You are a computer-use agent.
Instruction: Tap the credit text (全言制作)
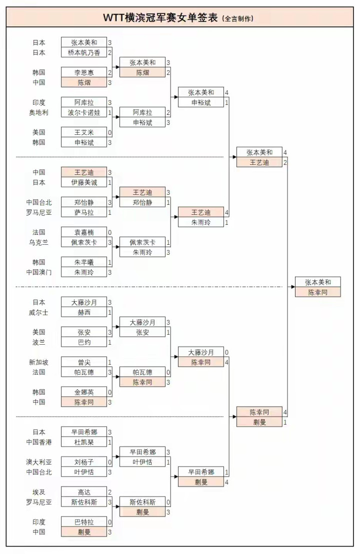tap(237, 18)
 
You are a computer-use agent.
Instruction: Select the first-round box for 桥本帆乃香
tap(84, 52)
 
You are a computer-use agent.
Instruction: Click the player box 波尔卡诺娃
tap(84, 112)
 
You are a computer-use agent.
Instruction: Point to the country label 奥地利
tap(38, 112)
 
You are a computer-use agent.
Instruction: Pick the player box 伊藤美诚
tap(84, 182)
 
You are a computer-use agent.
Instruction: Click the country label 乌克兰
tap(38, 242)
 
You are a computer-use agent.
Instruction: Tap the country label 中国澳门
tap(38, 272)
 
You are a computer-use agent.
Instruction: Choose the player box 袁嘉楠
tap(84, 232)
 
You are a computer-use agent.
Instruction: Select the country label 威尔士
tap(38, 312)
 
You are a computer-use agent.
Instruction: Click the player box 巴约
tap(84, 342)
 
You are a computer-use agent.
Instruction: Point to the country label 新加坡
tap(38, 362)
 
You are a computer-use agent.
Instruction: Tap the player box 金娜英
tap(84, 392)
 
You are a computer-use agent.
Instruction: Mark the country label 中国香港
tap(38, 442)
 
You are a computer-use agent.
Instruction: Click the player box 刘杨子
tap(84, 462)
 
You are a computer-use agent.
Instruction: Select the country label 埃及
tap(38, 492)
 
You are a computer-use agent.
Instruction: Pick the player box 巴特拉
tap(84, 522)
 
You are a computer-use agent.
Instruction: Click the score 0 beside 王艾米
tap(109, 132)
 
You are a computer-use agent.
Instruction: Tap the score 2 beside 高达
tap(109, 492)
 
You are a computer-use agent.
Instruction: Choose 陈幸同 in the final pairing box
tap(318, 292)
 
